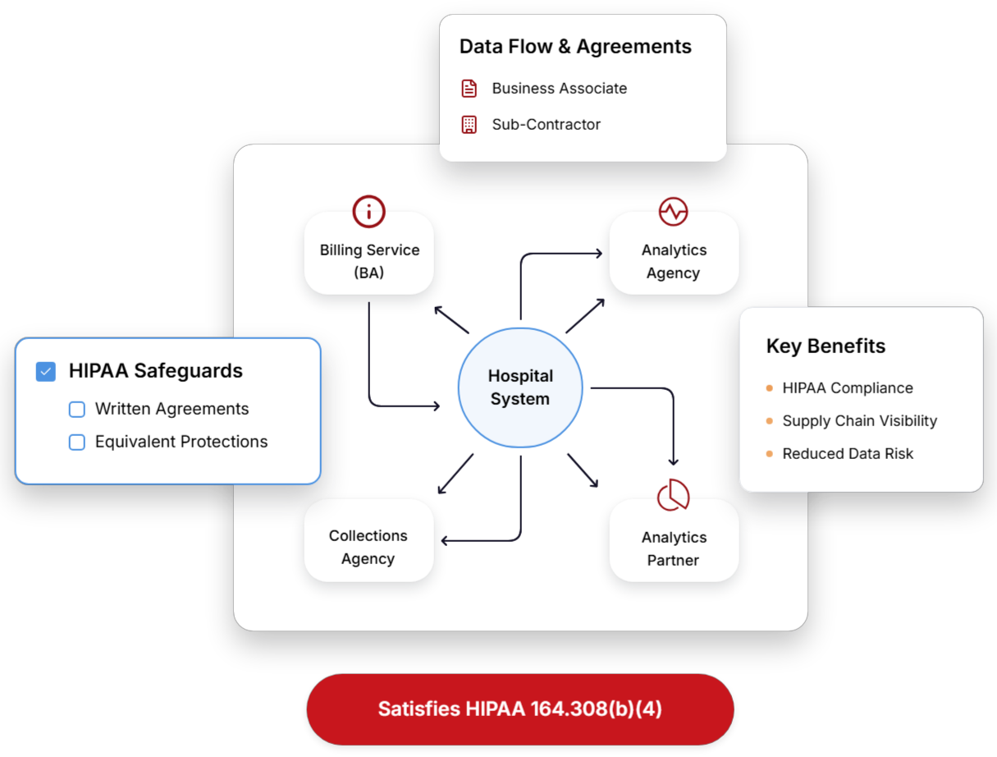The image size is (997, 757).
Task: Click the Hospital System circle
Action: [520, 388]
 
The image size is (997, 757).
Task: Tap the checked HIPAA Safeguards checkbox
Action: [46, 371]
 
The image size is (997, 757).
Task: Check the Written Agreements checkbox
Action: [77, 409]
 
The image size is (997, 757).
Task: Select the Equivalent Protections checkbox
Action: [77, 443]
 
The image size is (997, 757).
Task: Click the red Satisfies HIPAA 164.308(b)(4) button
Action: [519, 709]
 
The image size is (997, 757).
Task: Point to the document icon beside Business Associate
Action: [469, 89]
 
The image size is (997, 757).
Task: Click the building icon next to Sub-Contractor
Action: [469, 125]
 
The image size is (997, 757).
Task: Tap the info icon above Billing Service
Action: [368, 211]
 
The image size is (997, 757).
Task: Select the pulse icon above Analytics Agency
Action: [673, 211]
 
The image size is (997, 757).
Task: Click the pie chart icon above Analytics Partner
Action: [673, 495]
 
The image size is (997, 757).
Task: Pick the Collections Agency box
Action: [368, 547]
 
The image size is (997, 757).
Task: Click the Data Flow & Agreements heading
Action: [575, 47]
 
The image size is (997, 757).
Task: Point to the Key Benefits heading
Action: [825, 346]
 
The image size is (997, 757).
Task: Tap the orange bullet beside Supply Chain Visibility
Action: [769, 421]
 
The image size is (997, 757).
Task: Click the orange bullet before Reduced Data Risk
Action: [769, 454]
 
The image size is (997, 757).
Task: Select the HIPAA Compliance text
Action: [848, 388]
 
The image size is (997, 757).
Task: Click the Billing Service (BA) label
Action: [369, 261]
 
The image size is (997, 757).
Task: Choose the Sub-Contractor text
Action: [547, 125]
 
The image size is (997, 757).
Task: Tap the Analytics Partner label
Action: [674, 548]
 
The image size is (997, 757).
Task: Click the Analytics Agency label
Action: [674, 261]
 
